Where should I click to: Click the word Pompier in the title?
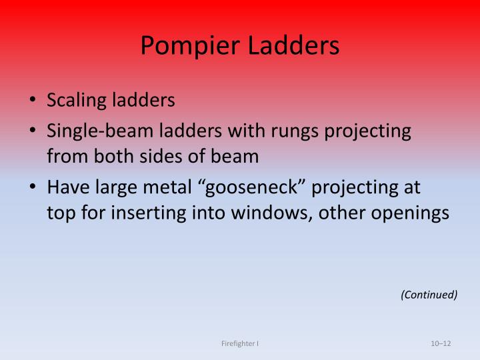pos(183,45)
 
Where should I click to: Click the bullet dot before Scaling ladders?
pos(33,101)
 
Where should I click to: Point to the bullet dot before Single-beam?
pos(33,131)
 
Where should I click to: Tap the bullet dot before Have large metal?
pos(33,188)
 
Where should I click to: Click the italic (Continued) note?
pos(429,295)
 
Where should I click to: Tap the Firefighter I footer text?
pos(240,343)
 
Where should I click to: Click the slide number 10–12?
pos(441,343)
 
